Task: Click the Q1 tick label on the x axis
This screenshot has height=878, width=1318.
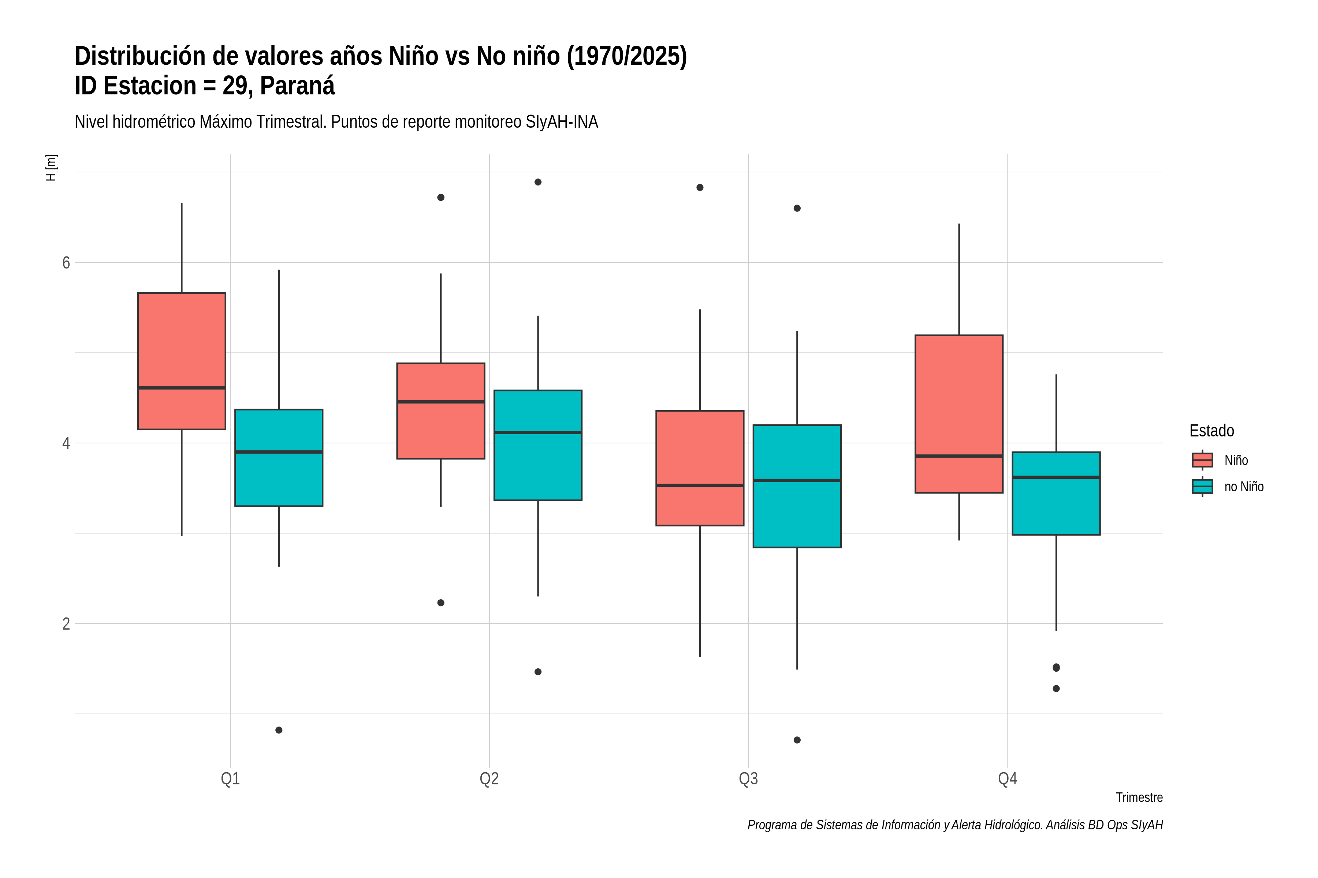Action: [x=230, y=778]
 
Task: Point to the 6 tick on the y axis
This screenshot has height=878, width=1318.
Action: [x=66, y=263]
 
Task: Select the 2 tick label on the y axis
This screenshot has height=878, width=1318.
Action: [x=66, y=624]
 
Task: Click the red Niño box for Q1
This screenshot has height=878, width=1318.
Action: [x=182, y=361]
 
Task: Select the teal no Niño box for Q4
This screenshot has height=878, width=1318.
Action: [x=1056, y=493]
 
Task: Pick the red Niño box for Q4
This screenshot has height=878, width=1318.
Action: [x=959, y=414]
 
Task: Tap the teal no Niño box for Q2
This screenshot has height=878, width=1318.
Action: [x=538, y=445]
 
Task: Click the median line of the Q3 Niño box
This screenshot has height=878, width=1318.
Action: [x=700, y=485]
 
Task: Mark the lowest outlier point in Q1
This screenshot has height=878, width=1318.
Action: [x=279, y=730]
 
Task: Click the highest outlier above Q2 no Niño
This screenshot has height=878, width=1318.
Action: [x=538, y=182]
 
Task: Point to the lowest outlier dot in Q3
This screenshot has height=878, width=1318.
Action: [x=797, y=740]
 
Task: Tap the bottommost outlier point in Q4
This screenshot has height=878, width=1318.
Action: [x=1056, y=689]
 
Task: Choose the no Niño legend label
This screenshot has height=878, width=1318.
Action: [x=1244, y=487]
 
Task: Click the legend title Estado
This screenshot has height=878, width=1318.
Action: [x=1211, y=431]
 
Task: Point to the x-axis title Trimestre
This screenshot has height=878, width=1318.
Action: [x=1139, y=798]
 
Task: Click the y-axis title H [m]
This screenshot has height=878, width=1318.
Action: [x=51, y=168]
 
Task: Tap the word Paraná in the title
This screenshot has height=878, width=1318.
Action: [x=298, y=86]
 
